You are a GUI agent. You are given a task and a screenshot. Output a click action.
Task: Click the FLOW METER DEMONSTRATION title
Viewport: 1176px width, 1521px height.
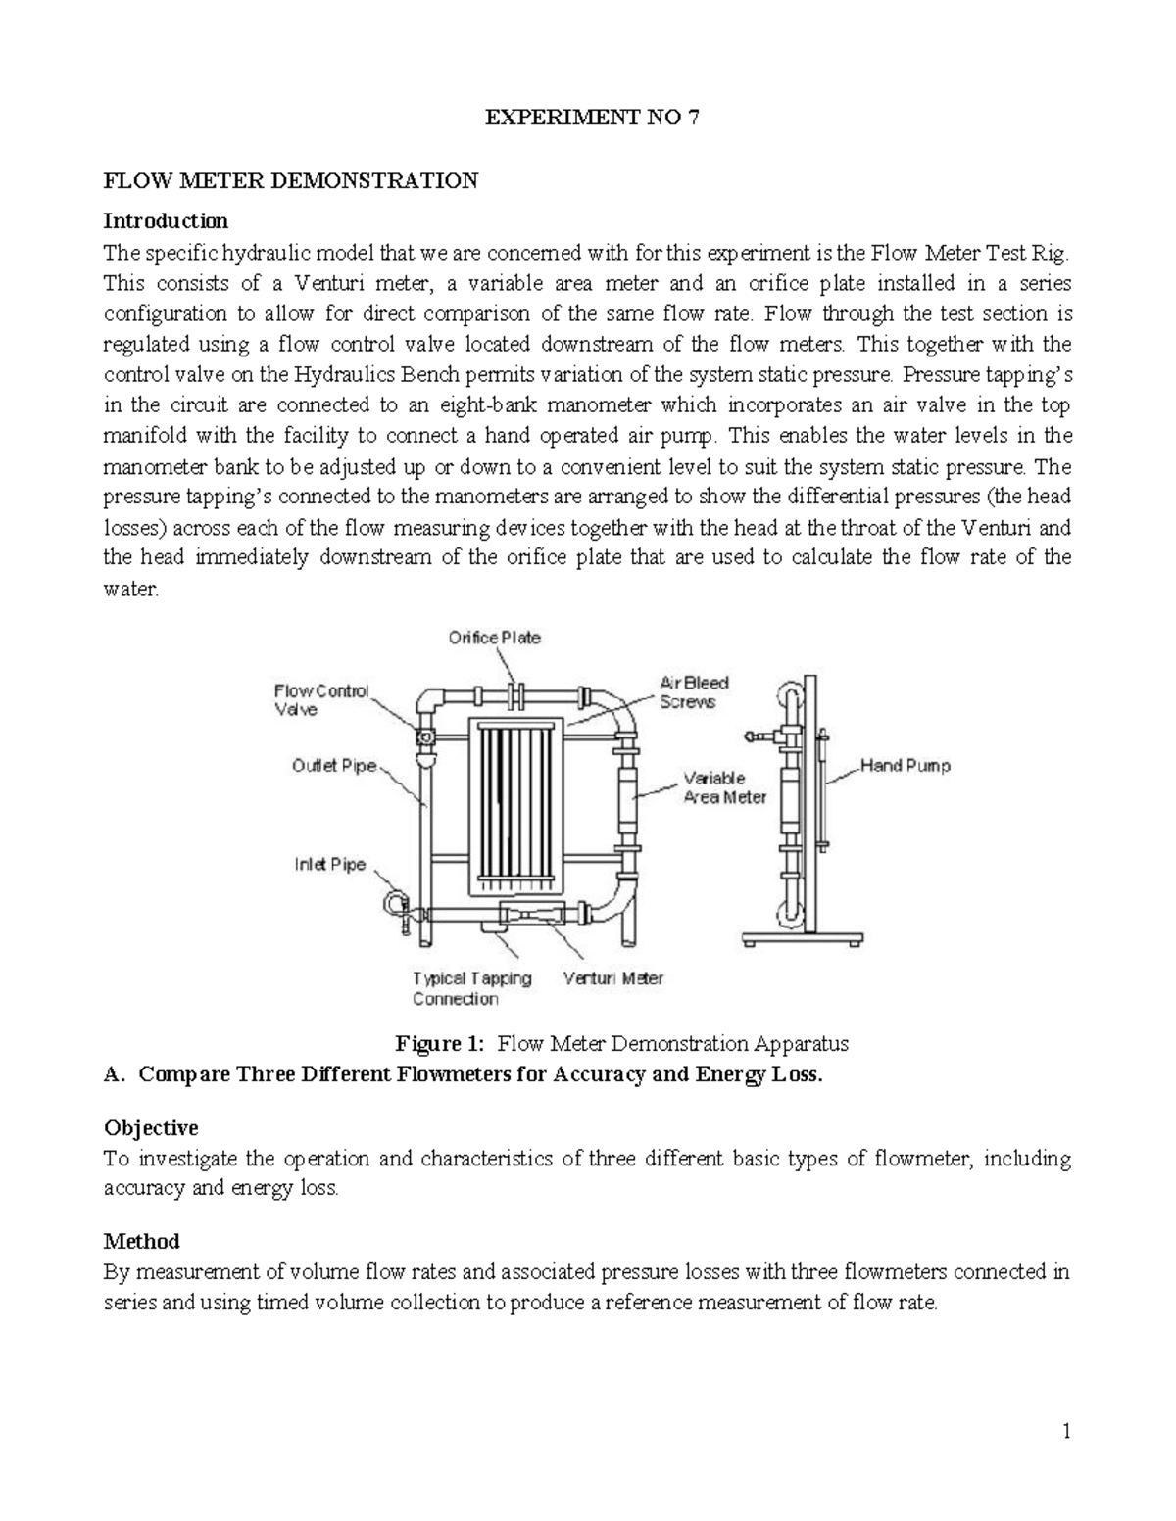point(291,180)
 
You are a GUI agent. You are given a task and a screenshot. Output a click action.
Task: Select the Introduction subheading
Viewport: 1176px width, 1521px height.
point(166,220)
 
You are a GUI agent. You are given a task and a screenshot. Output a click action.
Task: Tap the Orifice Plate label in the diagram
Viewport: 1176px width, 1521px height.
point(494,638)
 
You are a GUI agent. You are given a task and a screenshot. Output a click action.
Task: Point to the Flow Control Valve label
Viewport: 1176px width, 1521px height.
point(320,700)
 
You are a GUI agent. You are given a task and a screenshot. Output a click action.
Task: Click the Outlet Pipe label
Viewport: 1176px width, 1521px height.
point(334,766)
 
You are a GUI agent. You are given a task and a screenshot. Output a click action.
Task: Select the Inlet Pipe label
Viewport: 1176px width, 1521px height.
point(330,865)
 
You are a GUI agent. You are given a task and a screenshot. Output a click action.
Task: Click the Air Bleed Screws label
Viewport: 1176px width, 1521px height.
point(693,691)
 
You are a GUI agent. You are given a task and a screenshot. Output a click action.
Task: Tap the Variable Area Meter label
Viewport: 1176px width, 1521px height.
point(724,787)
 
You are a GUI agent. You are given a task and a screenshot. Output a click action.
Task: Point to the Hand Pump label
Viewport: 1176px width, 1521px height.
point(905,766)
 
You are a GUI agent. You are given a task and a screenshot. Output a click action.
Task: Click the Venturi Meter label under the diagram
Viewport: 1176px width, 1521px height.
point(613,977)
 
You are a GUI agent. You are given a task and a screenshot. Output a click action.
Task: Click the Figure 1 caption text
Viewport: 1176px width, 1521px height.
point(620,1044)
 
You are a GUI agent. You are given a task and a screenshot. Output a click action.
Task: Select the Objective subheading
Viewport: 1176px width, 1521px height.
point(151,1127)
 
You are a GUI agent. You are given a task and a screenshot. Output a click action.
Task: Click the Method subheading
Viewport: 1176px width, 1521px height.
point(141,1241)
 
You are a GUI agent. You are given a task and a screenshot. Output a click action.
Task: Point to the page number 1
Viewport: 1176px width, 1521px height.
point(1066,1432)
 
